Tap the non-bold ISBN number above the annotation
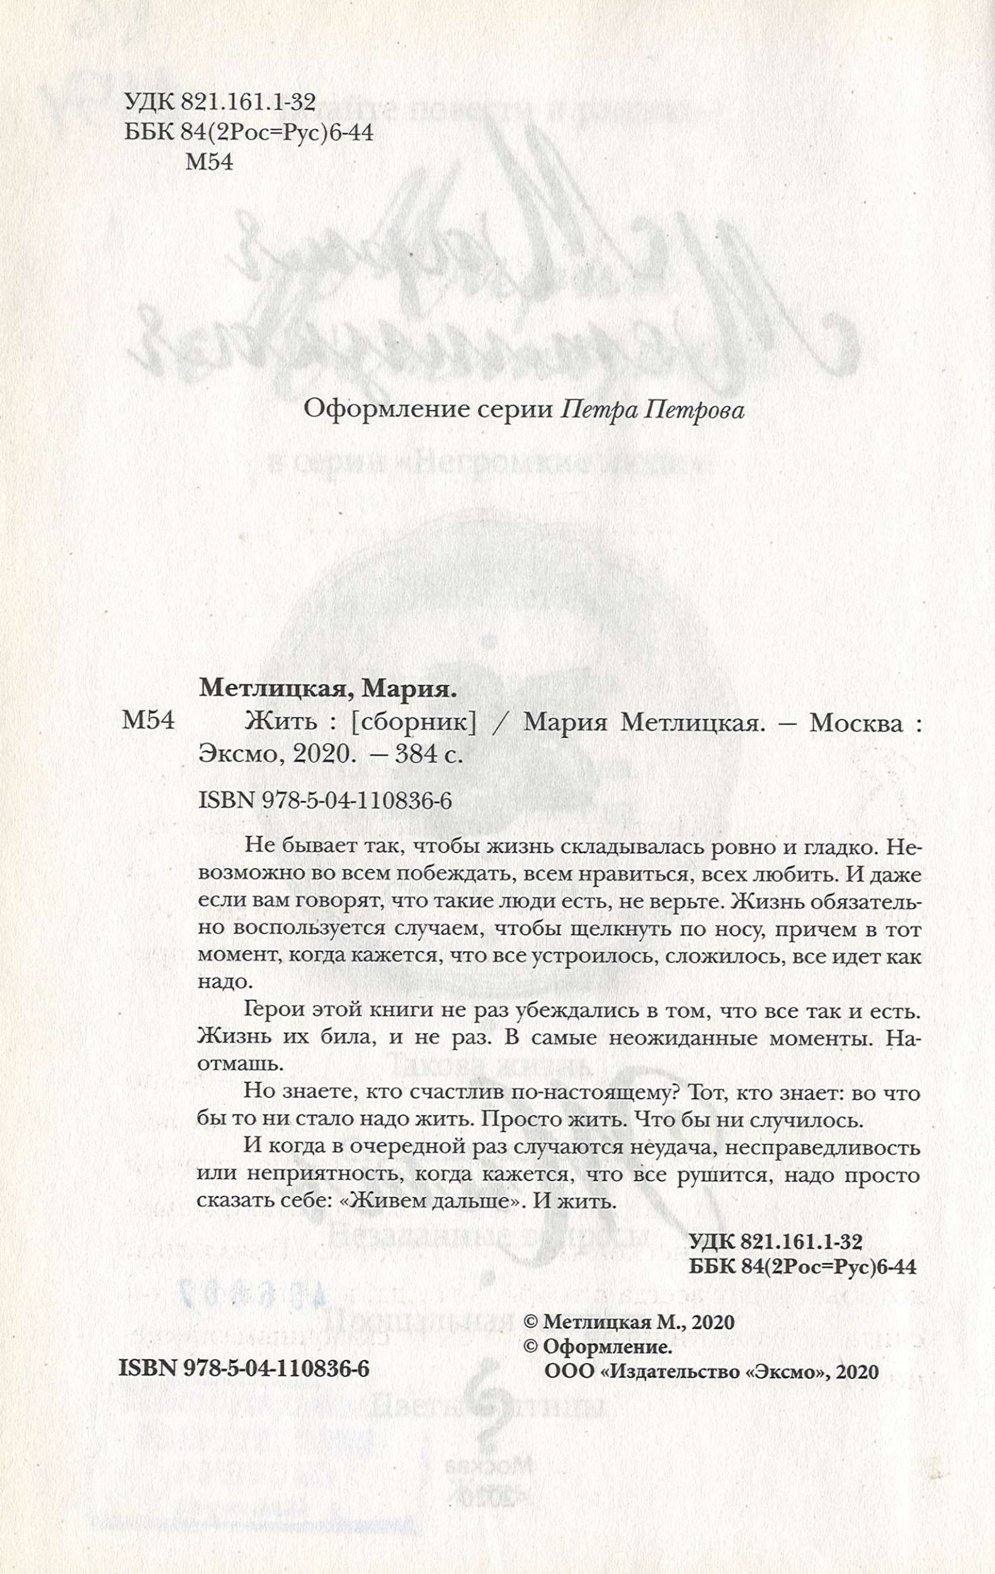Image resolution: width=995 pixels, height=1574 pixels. [325, 801]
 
